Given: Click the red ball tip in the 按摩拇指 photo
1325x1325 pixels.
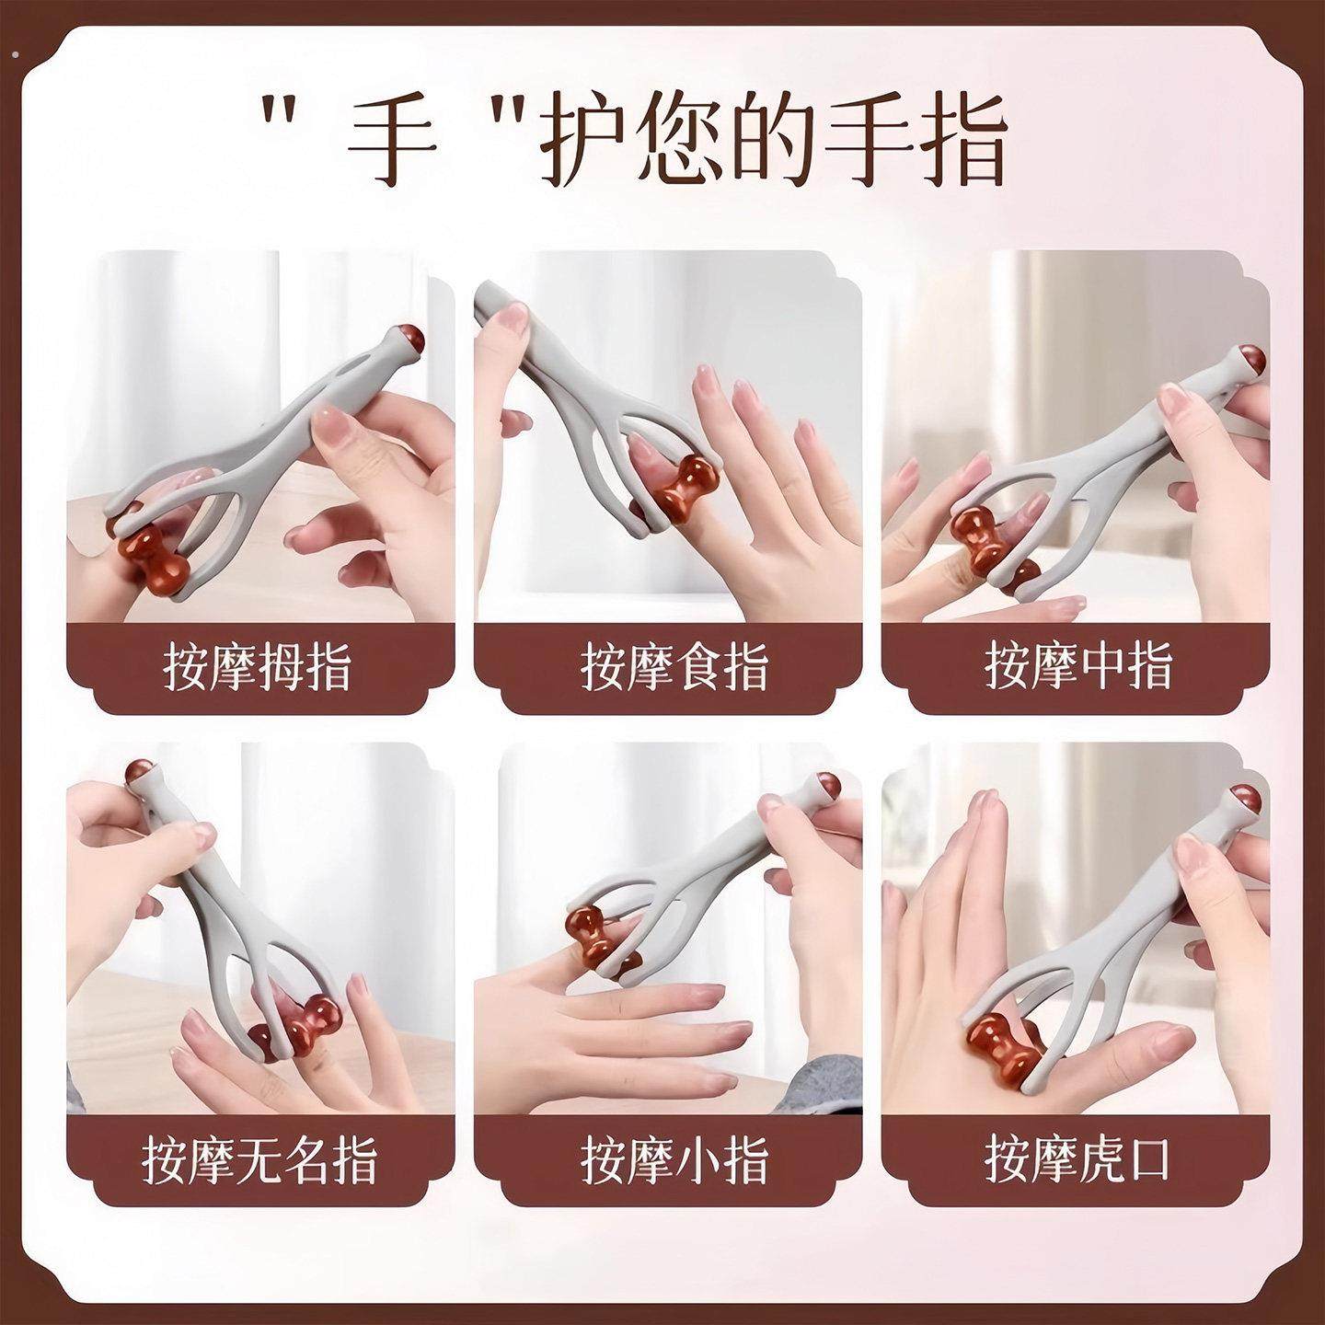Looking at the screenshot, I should (x=408, y=341).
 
